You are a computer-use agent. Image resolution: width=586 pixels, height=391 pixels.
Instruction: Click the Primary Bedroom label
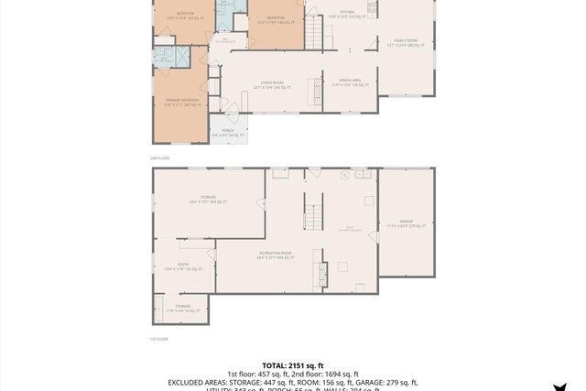(182, 103)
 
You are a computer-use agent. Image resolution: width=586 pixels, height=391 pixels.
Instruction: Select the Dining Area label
(350, 83)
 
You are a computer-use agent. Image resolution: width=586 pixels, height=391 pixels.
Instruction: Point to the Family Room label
(405, 43)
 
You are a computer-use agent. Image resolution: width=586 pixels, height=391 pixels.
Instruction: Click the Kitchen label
(347, 16)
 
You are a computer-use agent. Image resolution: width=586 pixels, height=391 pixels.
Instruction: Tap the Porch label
(227, 133)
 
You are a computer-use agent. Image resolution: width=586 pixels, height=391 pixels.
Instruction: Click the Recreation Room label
(275, 255)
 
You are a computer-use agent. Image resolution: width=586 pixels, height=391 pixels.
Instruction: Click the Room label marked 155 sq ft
(182, 267)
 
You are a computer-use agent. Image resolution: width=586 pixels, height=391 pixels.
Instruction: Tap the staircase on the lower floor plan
(312, 218)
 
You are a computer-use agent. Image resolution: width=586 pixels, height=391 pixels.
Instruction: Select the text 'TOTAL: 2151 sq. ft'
(292, 364)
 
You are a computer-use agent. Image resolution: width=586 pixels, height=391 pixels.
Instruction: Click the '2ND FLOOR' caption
(159, 158)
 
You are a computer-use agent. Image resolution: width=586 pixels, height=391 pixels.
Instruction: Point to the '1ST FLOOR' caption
(159, 339)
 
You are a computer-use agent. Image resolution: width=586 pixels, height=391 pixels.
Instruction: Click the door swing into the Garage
(374, 236)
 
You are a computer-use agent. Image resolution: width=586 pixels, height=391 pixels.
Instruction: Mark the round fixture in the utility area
(344, 175)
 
